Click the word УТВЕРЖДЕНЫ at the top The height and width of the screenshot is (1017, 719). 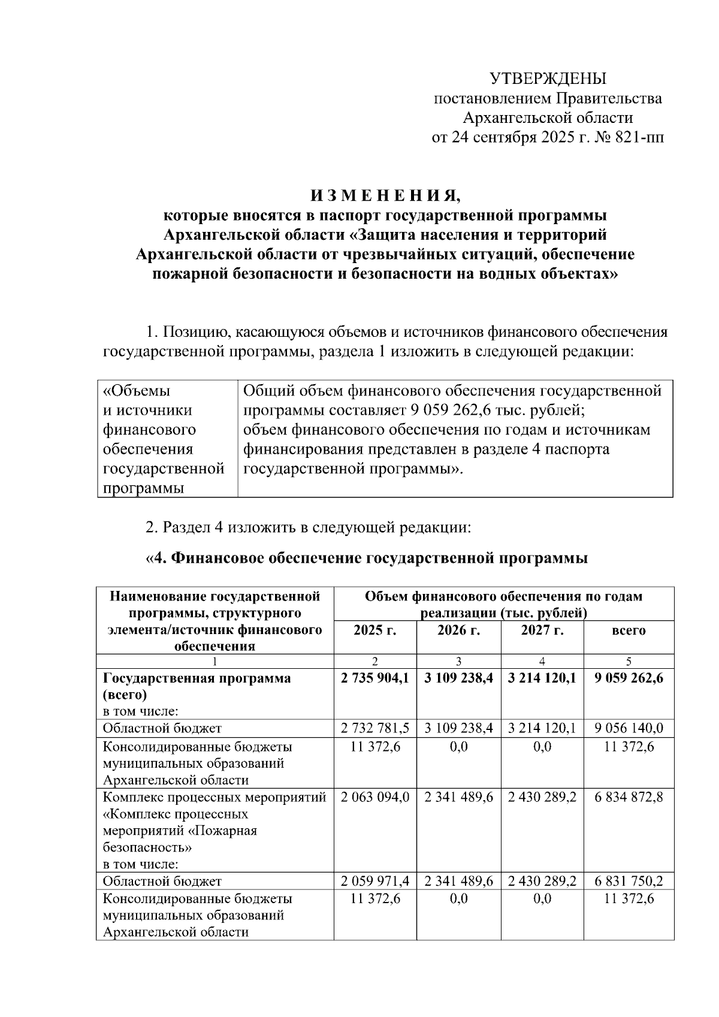(x=548, y=79)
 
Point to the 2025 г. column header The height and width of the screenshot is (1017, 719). (x=374, y=630)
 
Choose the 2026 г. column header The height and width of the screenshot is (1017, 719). (x=458, y=630)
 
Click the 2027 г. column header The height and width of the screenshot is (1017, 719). (x=542, y=630)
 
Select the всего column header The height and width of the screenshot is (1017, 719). (x=629, y=630)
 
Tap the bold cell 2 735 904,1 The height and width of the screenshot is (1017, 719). (x=374, y=678)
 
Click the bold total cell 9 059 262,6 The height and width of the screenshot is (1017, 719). (x=629, y=678)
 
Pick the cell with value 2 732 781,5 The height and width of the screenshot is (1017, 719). (x=374, y=728)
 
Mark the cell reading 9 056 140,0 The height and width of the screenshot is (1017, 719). (x=629, y=728)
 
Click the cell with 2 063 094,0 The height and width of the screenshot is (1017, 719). (x=374, y=797)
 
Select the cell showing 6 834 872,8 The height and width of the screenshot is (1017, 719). (x=629, y=797)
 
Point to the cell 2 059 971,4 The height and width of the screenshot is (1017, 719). (x=374, y=881)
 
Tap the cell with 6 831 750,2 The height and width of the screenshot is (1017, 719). (x=629, y=881)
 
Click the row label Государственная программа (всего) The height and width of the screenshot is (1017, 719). (x=197, y=686)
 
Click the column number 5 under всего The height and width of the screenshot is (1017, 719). (x=629, y=662)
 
